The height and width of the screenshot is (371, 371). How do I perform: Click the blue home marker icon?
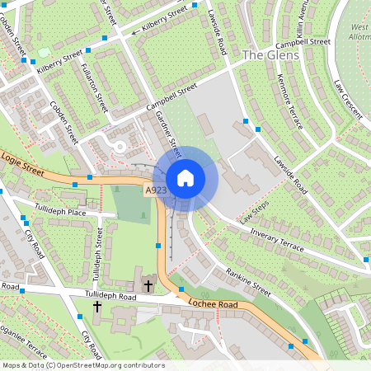[185, 178]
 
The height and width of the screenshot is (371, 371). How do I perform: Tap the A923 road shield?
[156, 190]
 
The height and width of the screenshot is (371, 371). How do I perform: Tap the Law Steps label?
[256, 217]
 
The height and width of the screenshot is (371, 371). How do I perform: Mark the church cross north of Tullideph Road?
[148, 286]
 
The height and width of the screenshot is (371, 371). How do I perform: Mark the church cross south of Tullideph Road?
[96, 307]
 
